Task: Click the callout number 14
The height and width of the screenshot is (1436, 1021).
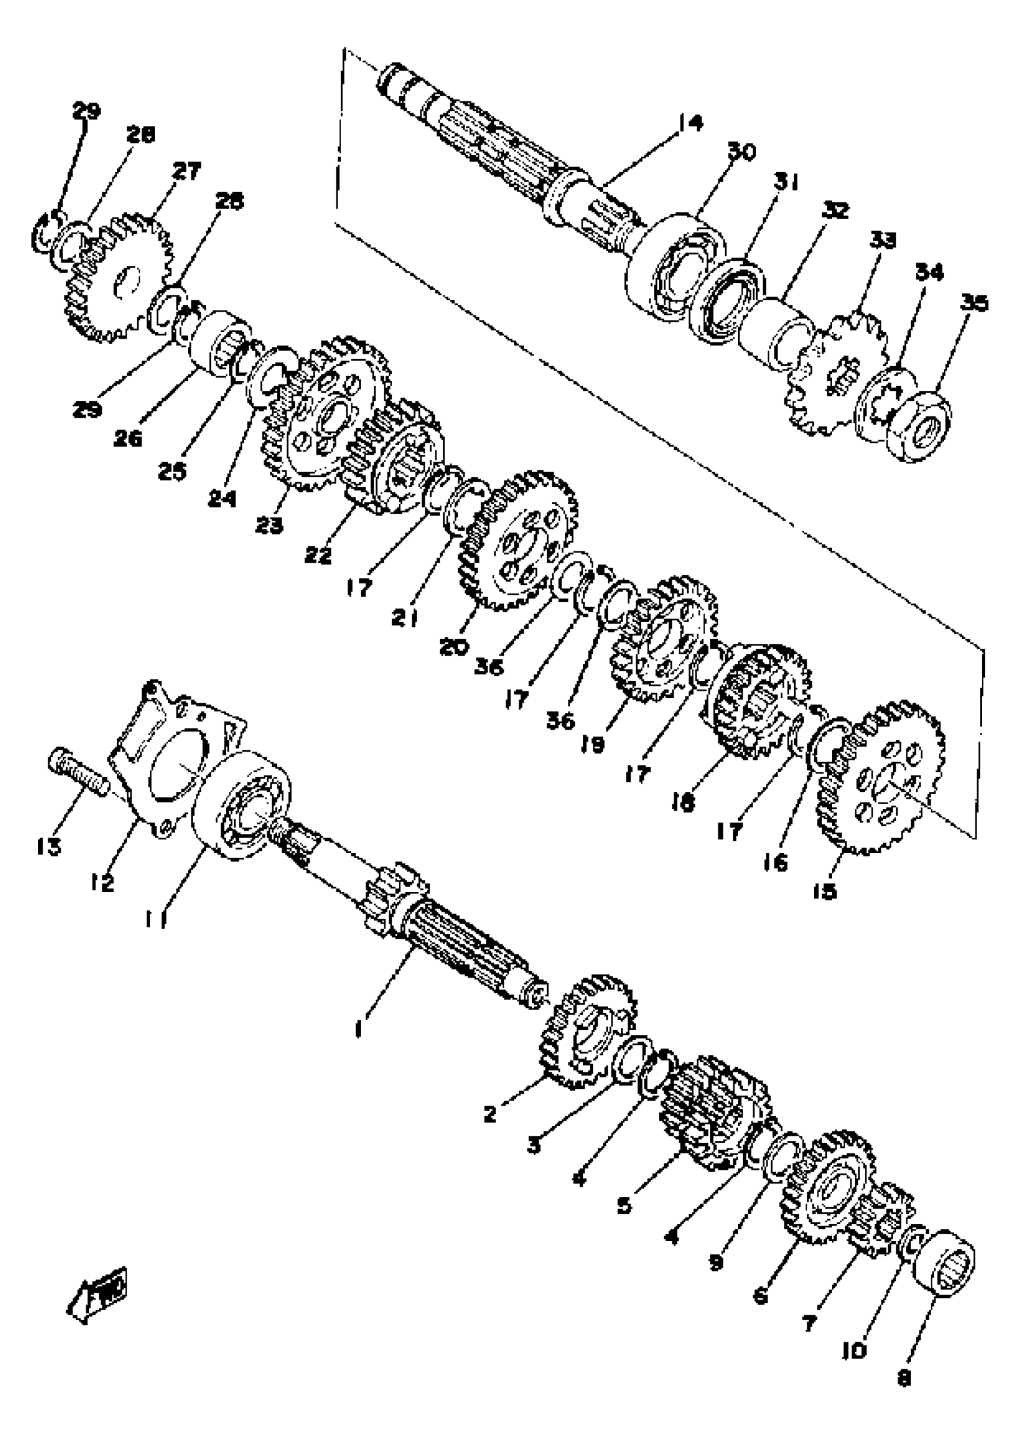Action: coord(690,122)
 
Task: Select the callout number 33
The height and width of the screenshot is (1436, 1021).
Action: coord(883,240)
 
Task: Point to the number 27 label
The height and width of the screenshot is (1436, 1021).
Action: coord(187,171)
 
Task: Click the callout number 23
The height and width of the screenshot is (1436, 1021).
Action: coord(269,525)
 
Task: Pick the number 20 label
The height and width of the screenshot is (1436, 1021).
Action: coord(454,646)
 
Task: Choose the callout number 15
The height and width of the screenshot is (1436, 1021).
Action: coord(825,891)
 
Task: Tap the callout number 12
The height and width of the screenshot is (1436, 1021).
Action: coord(102,883)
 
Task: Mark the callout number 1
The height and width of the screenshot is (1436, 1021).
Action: coord(359,1029)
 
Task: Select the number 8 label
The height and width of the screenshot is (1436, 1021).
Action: coord(903,1378)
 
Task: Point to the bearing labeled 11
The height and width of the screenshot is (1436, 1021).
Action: coord(241,805)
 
